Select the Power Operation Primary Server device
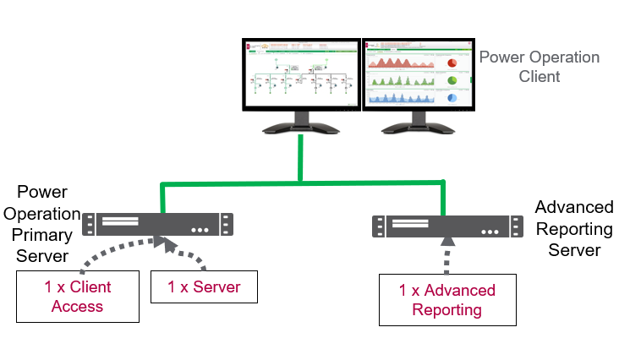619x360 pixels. (x=158, y=224)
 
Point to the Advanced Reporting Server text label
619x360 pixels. (x=574, y=228)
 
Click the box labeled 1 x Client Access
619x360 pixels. (x=78, y=297)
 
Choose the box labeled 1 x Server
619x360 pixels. (x=204, y=287)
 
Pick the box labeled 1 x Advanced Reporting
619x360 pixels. (x=446, y=300)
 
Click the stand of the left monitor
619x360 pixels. (x=300, y=127)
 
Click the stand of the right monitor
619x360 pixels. (x=414, y=127)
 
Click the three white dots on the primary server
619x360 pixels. (x=200, y=229)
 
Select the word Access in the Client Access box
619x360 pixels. (x=78, y=307)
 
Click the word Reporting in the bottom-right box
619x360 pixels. (x=446, y=310)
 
